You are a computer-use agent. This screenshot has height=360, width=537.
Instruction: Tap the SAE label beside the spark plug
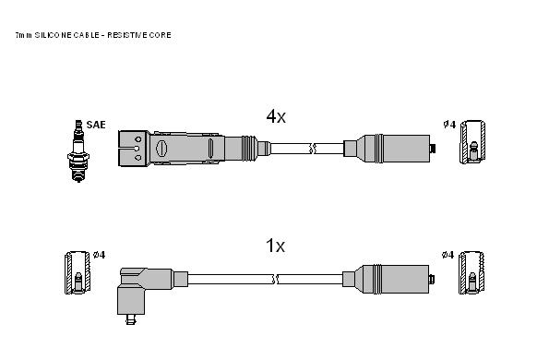pos(96,125)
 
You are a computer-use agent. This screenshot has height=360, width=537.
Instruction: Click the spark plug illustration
pos(78,150)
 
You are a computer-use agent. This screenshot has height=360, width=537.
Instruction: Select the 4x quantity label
pos(276,116)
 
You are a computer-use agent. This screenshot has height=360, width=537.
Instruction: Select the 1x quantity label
pos(275,246)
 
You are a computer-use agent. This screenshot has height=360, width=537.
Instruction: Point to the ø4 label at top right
pos(449,125)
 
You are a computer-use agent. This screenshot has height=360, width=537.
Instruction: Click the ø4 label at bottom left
pos(99,255)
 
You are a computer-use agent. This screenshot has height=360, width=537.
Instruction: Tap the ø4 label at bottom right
pos(447,255)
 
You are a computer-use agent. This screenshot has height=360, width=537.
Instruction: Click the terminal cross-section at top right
pos(472,142)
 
